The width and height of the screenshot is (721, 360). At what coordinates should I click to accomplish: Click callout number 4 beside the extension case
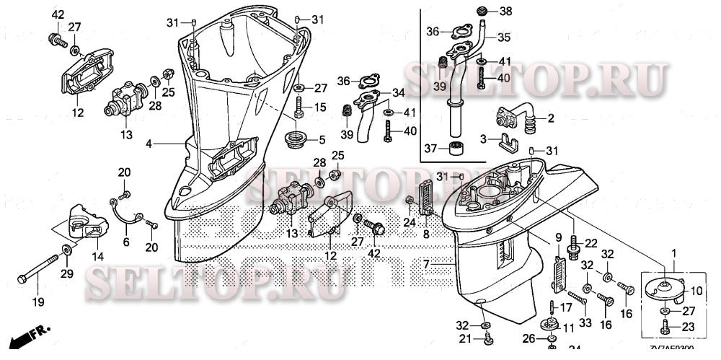click(149, 144)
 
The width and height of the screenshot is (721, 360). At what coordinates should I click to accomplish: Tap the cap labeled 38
click(484, 10)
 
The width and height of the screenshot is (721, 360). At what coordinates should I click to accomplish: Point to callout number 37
click(430, 149)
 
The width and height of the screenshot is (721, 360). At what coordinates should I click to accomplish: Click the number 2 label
click(550, 118)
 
